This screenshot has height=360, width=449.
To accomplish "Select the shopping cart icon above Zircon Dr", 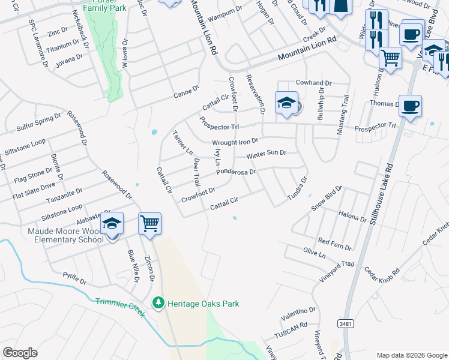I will (149, 224).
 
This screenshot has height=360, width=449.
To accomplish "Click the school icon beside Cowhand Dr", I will (286, 103).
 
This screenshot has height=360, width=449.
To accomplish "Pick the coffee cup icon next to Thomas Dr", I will (410, 106).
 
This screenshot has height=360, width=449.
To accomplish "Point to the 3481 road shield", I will (345, 324).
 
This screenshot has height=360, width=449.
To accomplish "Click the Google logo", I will (20, 352).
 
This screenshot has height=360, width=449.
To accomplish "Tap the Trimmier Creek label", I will (120, 305).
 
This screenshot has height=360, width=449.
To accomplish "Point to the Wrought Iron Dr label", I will (235, 142).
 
